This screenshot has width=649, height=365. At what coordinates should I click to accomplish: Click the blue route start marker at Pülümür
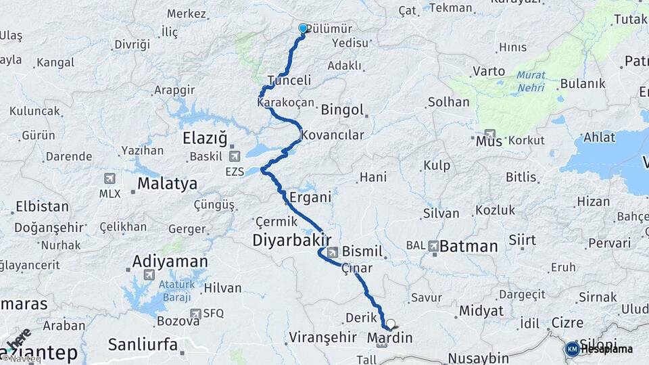click(x=303, y=28)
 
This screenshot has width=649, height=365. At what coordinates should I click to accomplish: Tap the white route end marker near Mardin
click(x=390, y=324)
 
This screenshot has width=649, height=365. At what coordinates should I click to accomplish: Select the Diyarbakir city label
click(x=291, y=240)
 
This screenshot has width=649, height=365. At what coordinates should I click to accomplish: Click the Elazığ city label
click(x=205, y=139)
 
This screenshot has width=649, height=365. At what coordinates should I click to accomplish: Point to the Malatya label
click(x=167, y=183)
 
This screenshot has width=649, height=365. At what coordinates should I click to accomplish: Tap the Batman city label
click(x=468, y=247)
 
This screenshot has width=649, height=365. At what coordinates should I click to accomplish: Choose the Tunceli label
click(x=289, y=80)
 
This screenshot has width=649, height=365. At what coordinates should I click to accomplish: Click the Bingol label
click(x=343, y=109)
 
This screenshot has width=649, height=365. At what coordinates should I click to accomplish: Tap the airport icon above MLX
click(x=110, y=178)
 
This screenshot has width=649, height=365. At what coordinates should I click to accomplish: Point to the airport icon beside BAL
click(x=433, y=245)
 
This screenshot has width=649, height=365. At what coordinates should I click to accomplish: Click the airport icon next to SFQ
click(x=195, y=314)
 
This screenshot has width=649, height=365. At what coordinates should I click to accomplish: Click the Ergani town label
click(x=310, y=198)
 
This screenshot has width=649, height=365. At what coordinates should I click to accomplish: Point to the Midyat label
click(x=481, y=311)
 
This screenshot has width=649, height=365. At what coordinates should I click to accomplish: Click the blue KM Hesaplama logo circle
click(x=572, y=349)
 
